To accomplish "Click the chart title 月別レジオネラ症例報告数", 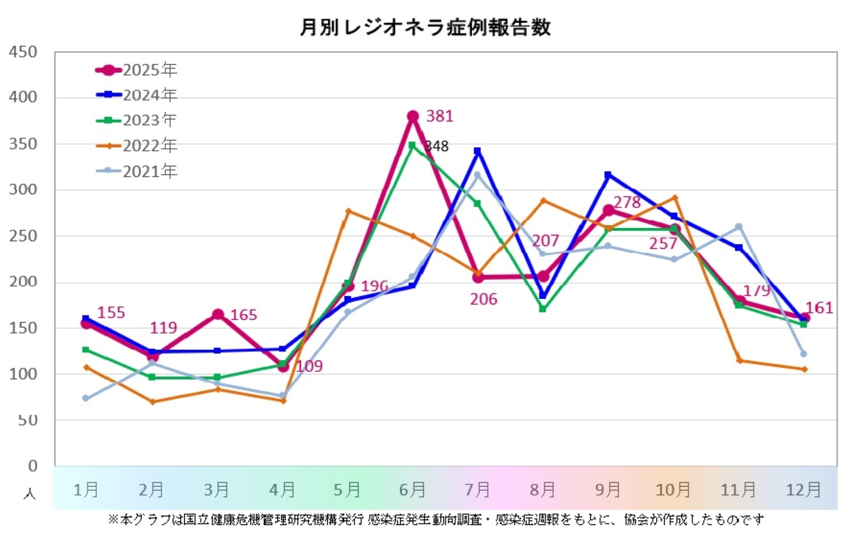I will tap(425, 27).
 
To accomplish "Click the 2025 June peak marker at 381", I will tap(413, 116).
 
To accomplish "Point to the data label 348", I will tap(437, 146).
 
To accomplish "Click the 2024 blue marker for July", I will tap(477, 152).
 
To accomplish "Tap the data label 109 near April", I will tap(309, 366).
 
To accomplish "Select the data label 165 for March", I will tap(243, 315).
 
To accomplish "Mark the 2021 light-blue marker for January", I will tap(86, 398).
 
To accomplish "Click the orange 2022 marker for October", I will tap(675, 197).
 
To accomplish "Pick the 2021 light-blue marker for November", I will tap(739, 227).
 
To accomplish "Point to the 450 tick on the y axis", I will tap(23, 52).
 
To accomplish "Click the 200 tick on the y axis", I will tap(23, 282).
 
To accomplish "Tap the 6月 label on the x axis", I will tap(412, 490).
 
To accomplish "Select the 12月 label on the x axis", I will tap(803, 490).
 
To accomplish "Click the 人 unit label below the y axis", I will tap(30, 493).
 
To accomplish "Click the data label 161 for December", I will tap(820, 308).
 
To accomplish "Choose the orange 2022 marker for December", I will tap(804, 369).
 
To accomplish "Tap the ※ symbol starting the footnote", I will tap(113, 519).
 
